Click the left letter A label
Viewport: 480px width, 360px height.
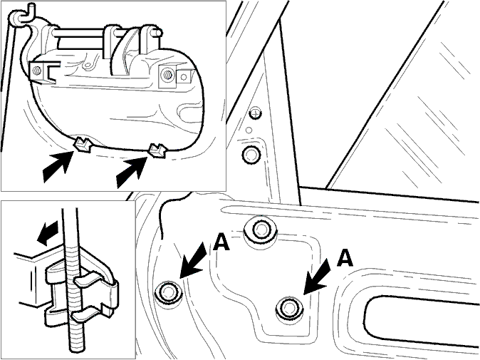coord(221,242)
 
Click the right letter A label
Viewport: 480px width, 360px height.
coord(345,257)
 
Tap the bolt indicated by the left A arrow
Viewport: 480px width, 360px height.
coord(169,292)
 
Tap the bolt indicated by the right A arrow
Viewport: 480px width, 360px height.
coord(289,308)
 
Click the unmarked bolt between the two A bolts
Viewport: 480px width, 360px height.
coord(261,230)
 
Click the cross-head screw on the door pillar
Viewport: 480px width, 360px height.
coord(255,113)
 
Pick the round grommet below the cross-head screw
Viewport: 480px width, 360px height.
coord(251,155)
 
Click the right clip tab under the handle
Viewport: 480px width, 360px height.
coord(157,150)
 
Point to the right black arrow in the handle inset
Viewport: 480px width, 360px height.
coord(131,172)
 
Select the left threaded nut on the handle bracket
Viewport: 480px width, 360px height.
coord(37,71)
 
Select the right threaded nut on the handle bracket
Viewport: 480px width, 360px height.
coord(167,74)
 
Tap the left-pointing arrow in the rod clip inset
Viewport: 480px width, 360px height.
coord(47,232)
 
